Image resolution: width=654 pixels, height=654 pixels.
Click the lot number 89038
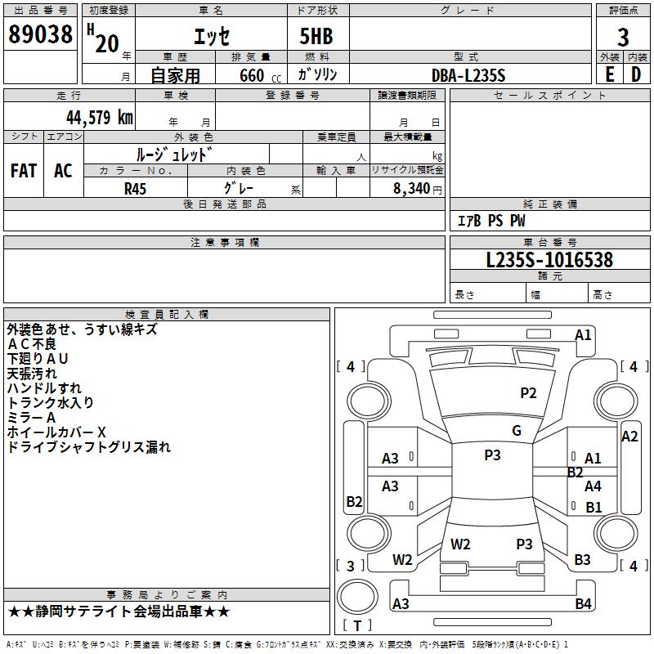pos(40,34)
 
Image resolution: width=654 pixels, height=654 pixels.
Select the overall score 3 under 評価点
pos(623,38)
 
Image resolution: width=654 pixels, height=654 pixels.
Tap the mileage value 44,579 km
pos(100,118)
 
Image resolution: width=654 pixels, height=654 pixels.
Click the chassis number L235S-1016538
pos(549,260)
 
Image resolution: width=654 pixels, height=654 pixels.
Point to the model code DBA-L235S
pos(468,75)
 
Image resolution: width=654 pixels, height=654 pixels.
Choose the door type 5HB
pos(316,36)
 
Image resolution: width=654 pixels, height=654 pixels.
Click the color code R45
pos(135,189)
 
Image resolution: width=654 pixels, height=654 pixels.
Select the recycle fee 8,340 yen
pos(417,189)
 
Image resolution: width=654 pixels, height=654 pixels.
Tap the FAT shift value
pos(24,171)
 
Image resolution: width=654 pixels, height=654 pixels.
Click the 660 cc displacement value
pos(260,75)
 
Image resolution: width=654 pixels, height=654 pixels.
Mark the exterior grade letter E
pos(609,74)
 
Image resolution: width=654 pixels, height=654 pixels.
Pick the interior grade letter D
pos(636,74)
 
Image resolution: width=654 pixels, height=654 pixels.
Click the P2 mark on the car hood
pos(528,393)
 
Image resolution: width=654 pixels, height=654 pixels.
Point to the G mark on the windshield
pos(517,431)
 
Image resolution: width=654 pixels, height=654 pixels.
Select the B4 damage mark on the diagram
pos(583,603)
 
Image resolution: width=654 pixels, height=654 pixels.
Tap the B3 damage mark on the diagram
pos(582,560)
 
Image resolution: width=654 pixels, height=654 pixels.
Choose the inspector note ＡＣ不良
pos(32,344)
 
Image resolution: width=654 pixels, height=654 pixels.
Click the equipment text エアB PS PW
pos(491,221)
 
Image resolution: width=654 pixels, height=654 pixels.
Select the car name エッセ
pos(212,36)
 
